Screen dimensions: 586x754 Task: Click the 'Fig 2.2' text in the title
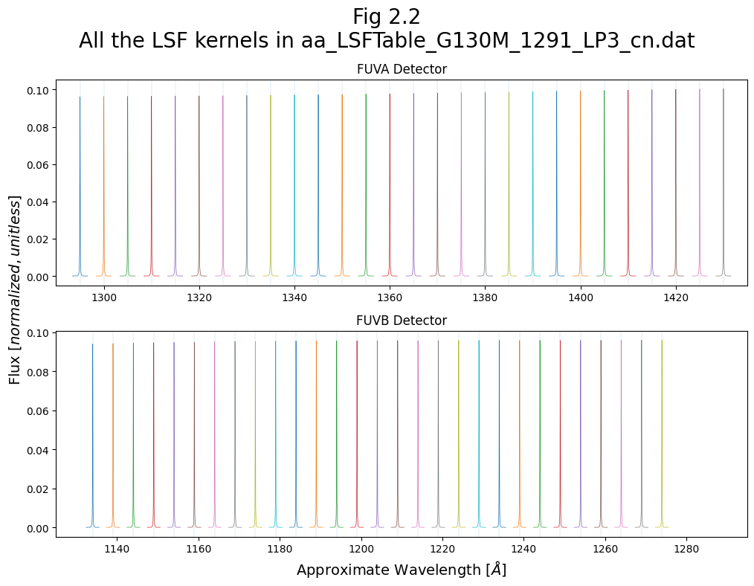pyautogui.click(x=387, y=16)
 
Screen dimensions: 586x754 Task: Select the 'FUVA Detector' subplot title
pyautogui.click(x=402, y=69)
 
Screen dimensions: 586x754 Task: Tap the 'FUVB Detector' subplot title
pyautogui.click(x=402, y=321)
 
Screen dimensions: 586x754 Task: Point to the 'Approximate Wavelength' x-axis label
pyautogui.click(x=402, y=570)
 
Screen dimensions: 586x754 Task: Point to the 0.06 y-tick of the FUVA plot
pyautogui.click(x=37, y=164)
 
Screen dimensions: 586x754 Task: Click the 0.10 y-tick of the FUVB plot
pyautogui.click(x=37, y=332)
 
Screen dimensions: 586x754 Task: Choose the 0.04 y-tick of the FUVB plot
pyautogui.click(x=37, y=450)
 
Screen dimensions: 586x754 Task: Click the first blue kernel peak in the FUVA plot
pyautogui.click(x=80, y=98)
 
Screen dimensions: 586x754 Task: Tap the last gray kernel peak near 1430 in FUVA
pyautogui.click(x=723, y=91)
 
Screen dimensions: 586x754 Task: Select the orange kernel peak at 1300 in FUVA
pyautogui.click(x=103, y=98)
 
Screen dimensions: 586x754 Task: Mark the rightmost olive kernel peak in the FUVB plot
pyautogui.click(x=662, y=342)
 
